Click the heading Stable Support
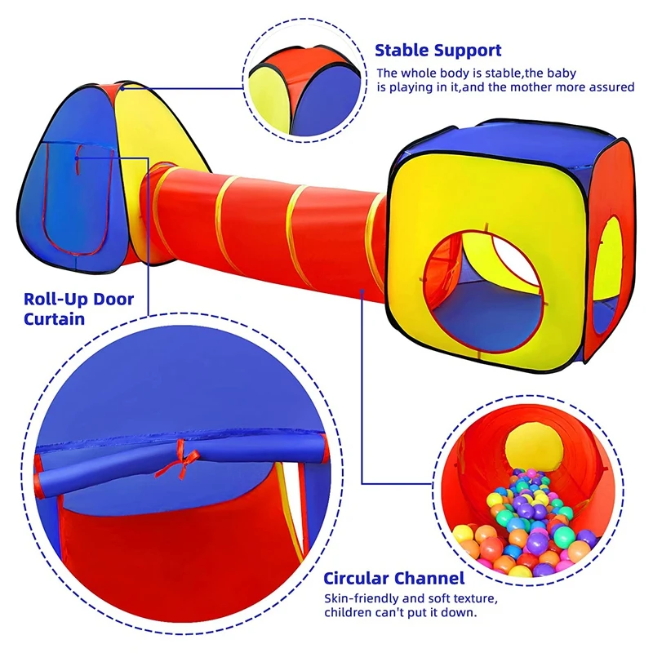438,51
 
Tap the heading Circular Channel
394,579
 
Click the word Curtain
54,318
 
